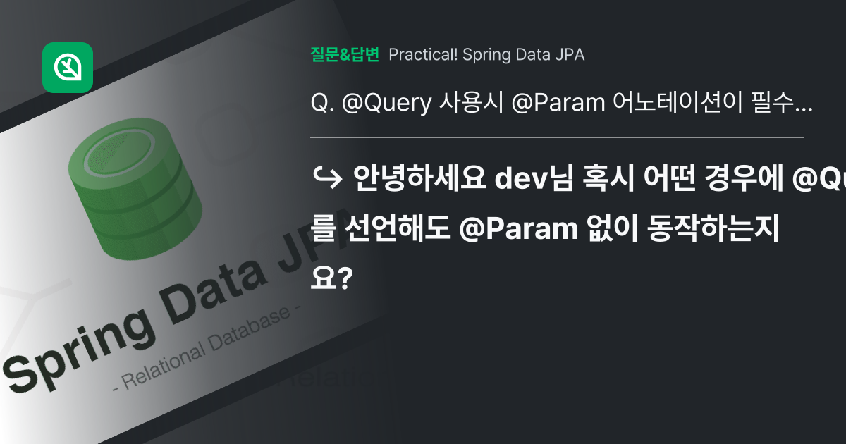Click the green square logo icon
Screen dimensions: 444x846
68,68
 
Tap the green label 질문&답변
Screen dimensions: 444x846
345,54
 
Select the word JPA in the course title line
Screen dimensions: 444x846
570,54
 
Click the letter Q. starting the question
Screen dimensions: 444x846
321,104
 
